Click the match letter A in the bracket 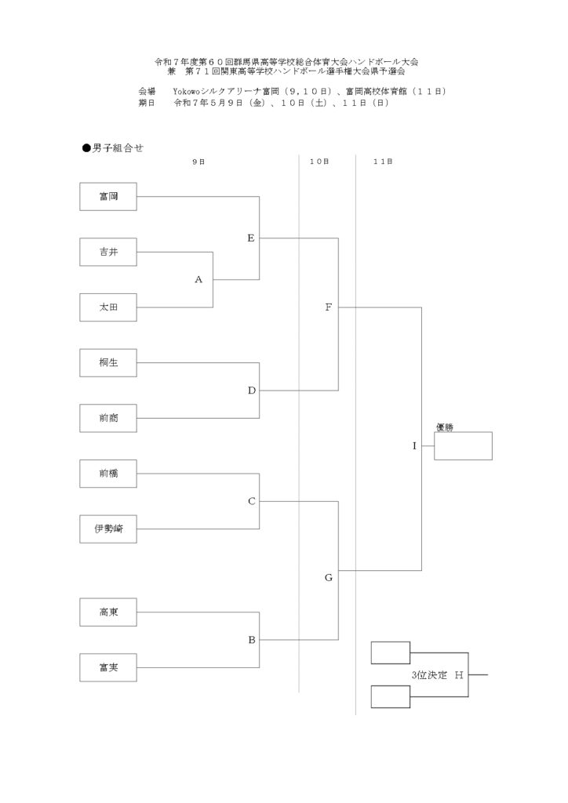[198, 280]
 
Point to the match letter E [251, 238]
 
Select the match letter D [252, 391]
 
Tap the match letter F [328, 307]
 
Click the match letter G [328, 578]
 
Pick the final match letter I [414, 446]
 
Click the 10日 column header [319, 162]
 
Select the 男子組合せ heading [113, 148]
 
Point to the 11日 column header [383, 162]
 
